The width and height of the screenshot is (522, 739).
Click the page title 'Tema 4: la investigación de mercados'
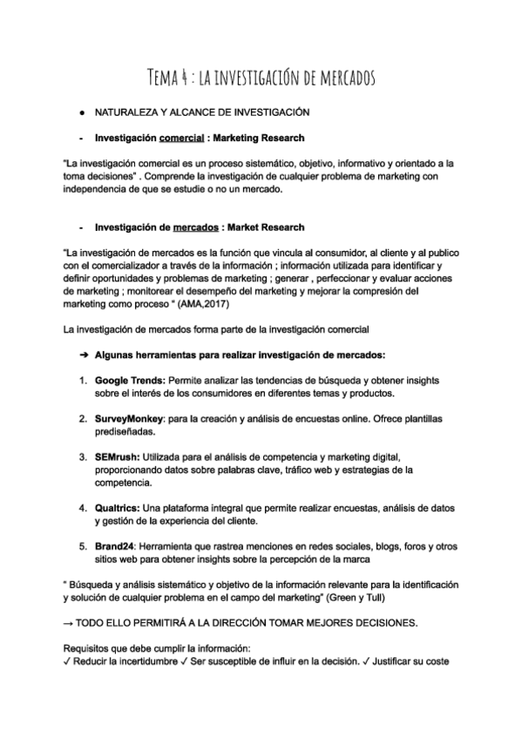(261, 79)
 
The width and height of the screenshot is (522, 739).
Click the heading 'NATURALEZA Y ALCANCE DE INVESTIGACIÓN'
(202, 113)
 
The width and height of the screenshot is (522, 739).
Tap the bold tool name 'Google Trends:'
(130, 381)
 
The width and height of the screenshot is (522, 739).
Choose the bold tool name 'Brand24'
(117, 546)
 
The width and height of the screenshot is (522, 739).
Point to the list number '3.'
(83, 457)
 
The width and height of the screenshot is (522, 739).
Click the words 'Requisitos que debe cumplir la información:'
(157, 647)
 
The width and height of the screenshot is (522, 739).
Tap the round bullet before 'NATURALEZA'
(81, 113)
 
